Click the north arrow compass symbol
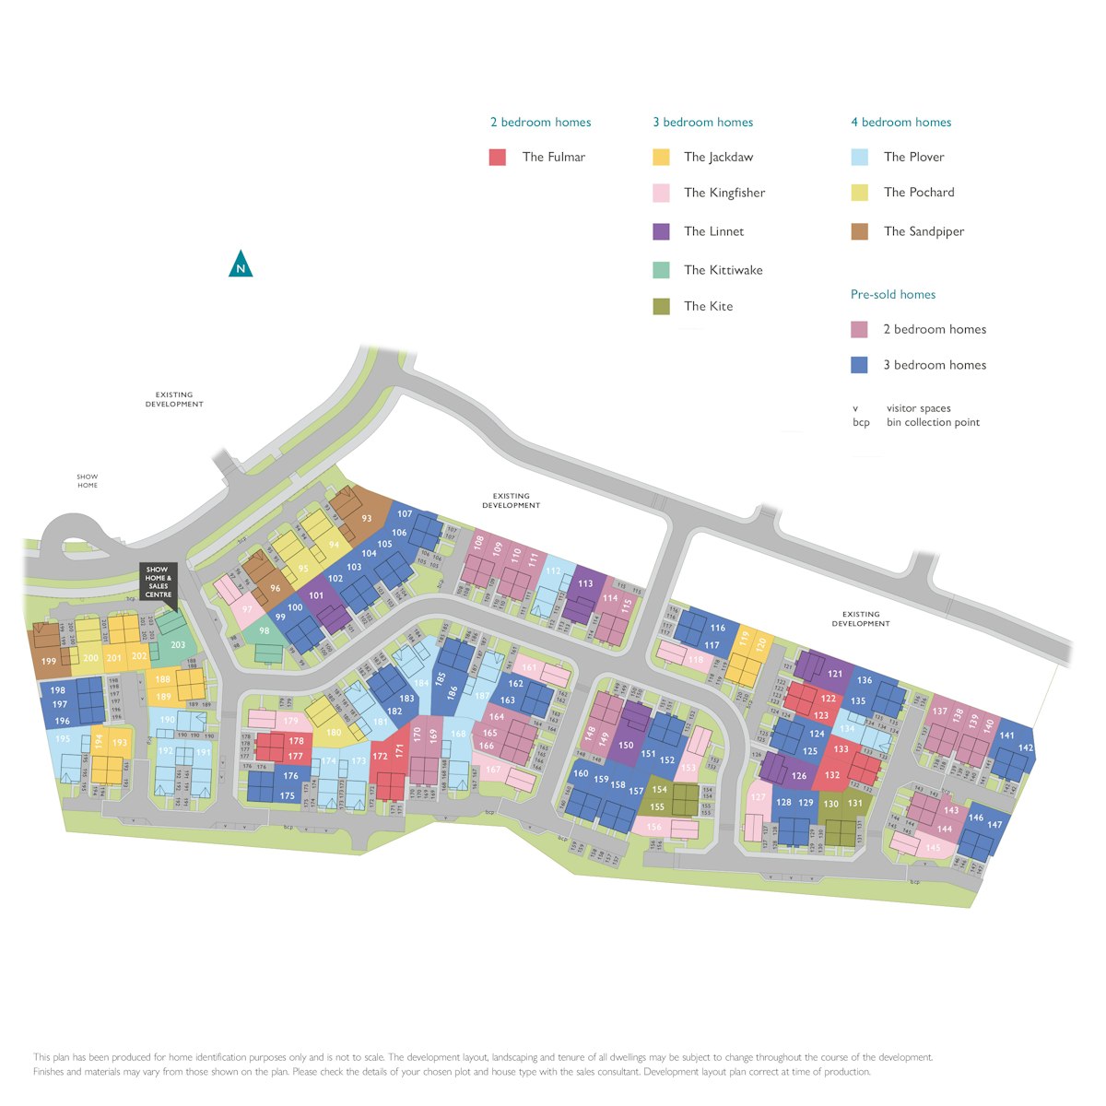point(241,265)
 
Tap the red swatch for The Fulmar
point(498,158)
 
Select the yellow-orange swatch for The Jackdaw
point(661,158)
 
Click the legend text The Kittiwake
point(723,270)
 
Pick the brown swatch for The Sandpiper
point(859,231)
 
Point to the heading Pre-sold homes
point(892,295)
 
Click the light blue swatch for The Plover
point(859,158)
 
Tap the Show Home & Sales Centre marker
point(158,582)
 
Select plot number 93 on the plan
point(367,519)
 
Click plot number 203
point(178,645)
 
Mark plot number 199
point(49,661)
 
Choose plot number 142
point(1026,747)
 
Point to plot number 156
point(654,828)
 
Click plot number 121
point(835,674)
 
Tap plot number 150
point(626,745)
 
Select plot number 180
point(334,733)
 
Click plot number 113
point(585,583)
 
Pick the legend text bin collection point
point(933,423)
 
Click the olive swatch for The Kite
point(661,306)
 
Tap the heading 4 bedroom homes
point(900,123)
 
